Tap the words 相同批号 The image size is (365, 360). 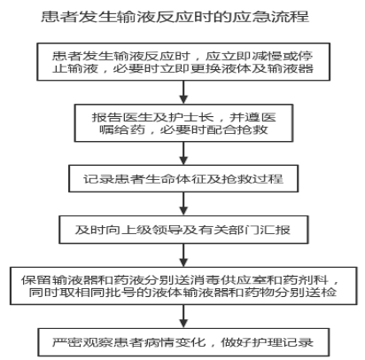click(x=105, y=292)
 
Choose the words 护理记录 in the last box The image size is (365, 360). click(x=283, y=342)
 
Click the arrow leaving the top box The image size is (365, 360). click(x=183, y=92)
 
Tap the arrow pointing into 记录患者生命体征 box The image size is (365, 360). click(x=183, y=153)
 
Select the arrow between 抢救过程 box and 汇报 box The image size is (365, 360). click(x=183, y=204)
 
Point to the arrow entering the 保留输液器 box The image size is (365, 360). click(x=183, y=255)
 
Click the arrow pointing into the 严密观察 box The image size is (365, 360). click(x=183, y=317)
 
